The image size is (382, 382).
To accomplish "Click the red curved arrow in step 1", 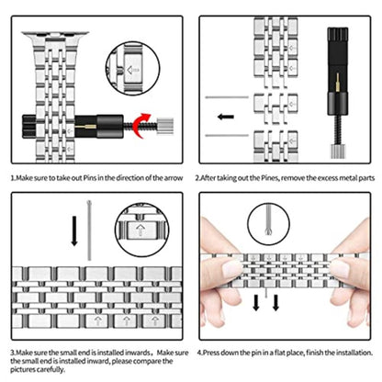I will tap(138, 121).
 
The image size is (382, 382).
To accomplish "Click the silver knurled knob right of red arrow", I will tap(167, 121).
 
